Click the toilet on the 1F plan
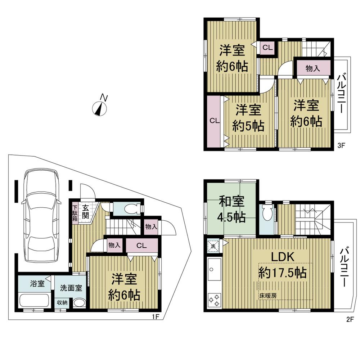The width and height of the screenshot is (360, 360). point(129,208)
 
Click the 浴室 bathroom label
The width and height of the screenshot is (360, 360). point(37,283)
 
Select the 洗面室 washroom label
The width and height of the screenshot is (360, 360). point(71,288)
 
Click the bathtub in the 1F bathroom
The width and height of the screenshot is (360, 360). point(35,300)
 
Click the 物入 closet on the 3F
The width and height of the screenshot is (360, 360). point(312,68)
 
